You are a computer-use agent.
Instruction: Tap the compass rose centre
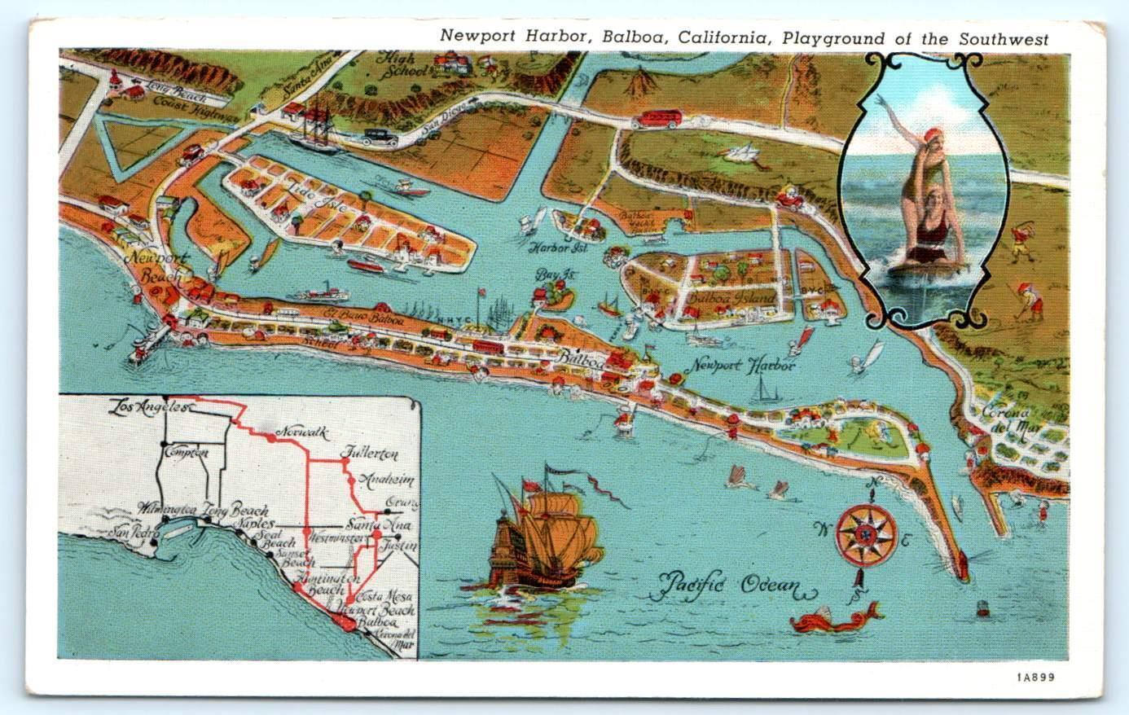866,534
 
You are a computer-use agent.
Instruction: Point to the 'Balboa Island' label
730,298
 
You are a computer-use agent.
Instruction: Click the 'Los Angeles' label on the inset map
152,405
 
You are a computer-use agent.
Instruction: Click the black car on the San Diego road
379,137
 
